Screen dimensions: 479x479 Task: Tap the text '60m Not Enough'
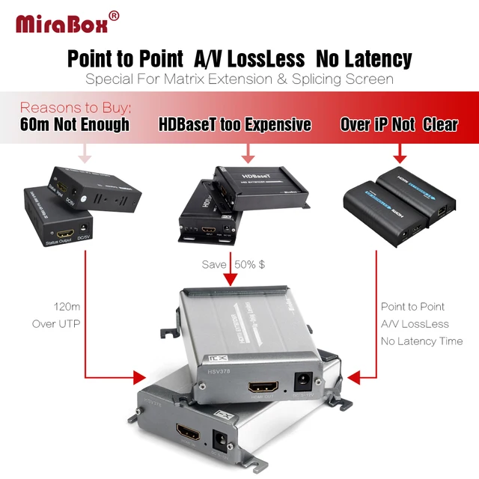click(x=74, y=124)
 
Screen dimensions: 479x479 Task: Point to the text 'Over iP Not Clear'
click(x=399, y=124)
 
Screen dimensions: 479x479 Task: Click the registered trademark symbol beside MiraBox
click(x=114, y=15)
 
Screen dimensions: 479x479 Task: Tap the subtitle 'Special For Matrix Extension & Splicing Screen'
click(x=239, y=79)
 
